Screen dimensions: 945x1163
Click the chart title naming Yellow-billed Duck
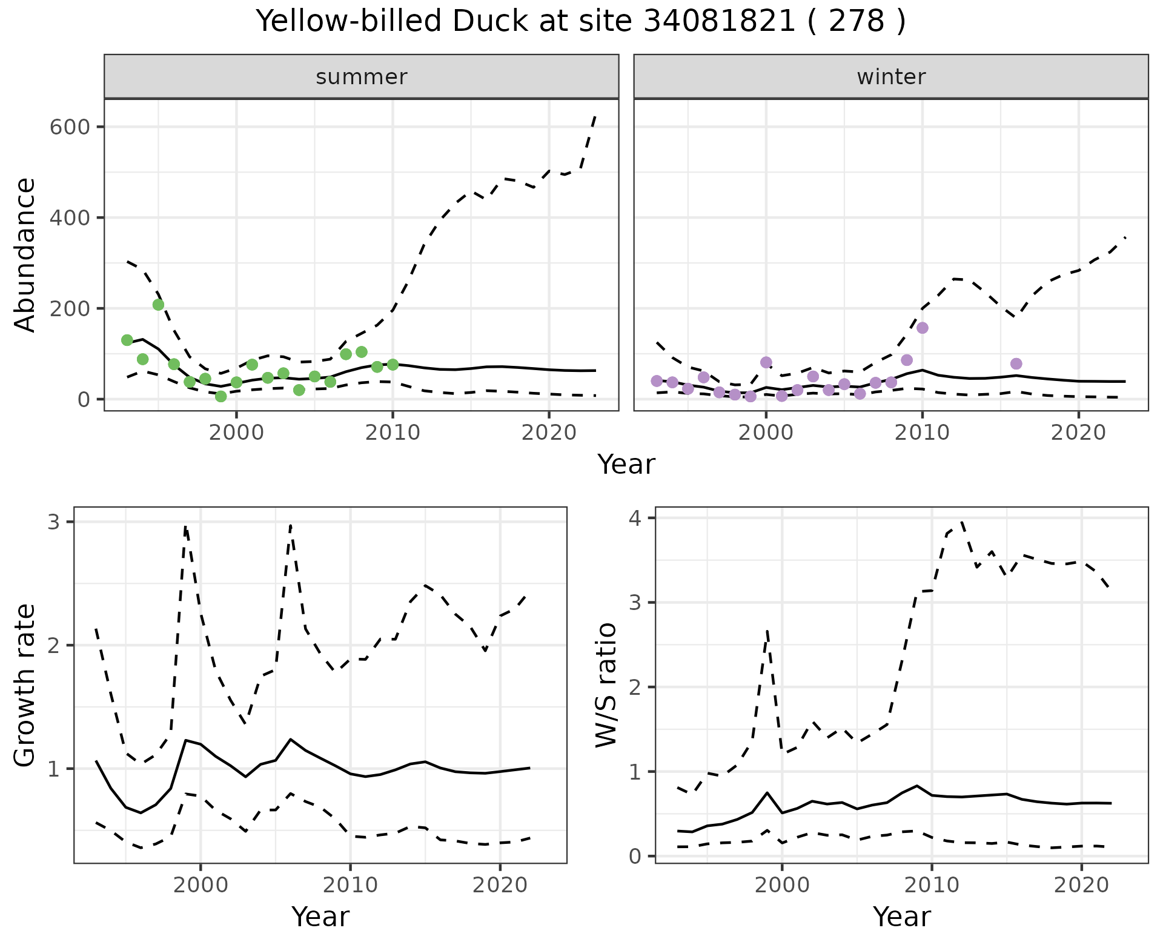click(x=580, y=22)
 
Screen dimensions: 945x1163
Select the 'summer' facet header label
click(x=361, y=77)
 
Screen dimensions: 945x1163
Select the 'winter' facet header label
click(x=891, y=77)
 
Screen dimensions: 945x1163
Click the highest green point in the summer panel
click(x=158, y=305)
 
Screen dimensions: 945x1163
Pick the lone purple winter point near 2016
click(x=1016, y=363)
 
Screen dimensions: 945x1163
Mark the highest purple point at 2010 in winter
click(x=923, y=328)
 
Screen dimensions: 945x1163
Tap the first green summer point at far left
click(x=127, y=340)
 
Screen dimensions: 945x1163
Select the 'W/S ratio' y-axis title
click(x=606, y=685)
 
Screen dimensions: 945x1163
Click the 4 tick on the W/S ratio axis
click(x=637, y=518)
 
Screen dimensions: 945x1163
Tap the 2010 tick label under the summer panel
click(x=393, y=433)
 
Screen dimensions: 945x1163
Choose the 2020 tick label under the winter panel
click(x=1078, y=433)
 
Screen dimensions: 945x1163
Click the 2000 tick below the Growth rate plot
click(x=201, y=885)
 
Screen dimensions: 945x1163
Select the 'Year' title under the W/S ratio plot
click(x=901, y=917)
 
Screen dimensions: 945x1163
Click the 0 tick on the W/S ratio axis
click(x=637, y=856)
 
